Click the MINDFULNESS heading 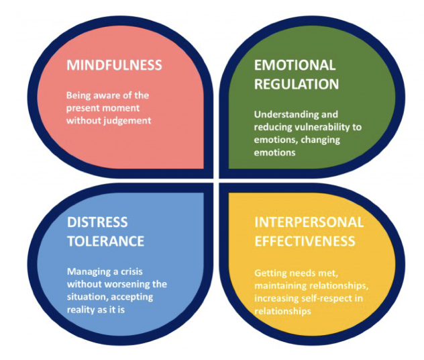pos(113,65)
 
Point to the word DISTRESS pos(97,222)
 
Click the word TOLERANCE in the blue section pos(105,240)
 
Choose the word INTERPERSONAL pos(309,222)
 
